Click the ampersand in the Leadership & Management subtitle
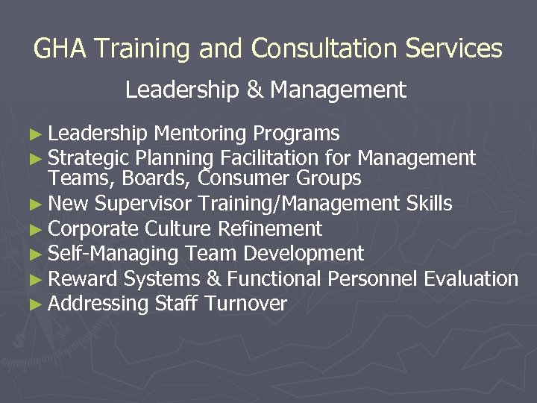coord(254,90)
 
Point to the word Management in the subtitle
coord(339,90)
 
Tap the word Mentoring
coord(201,134)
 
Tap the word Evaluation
coord(471,279)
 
